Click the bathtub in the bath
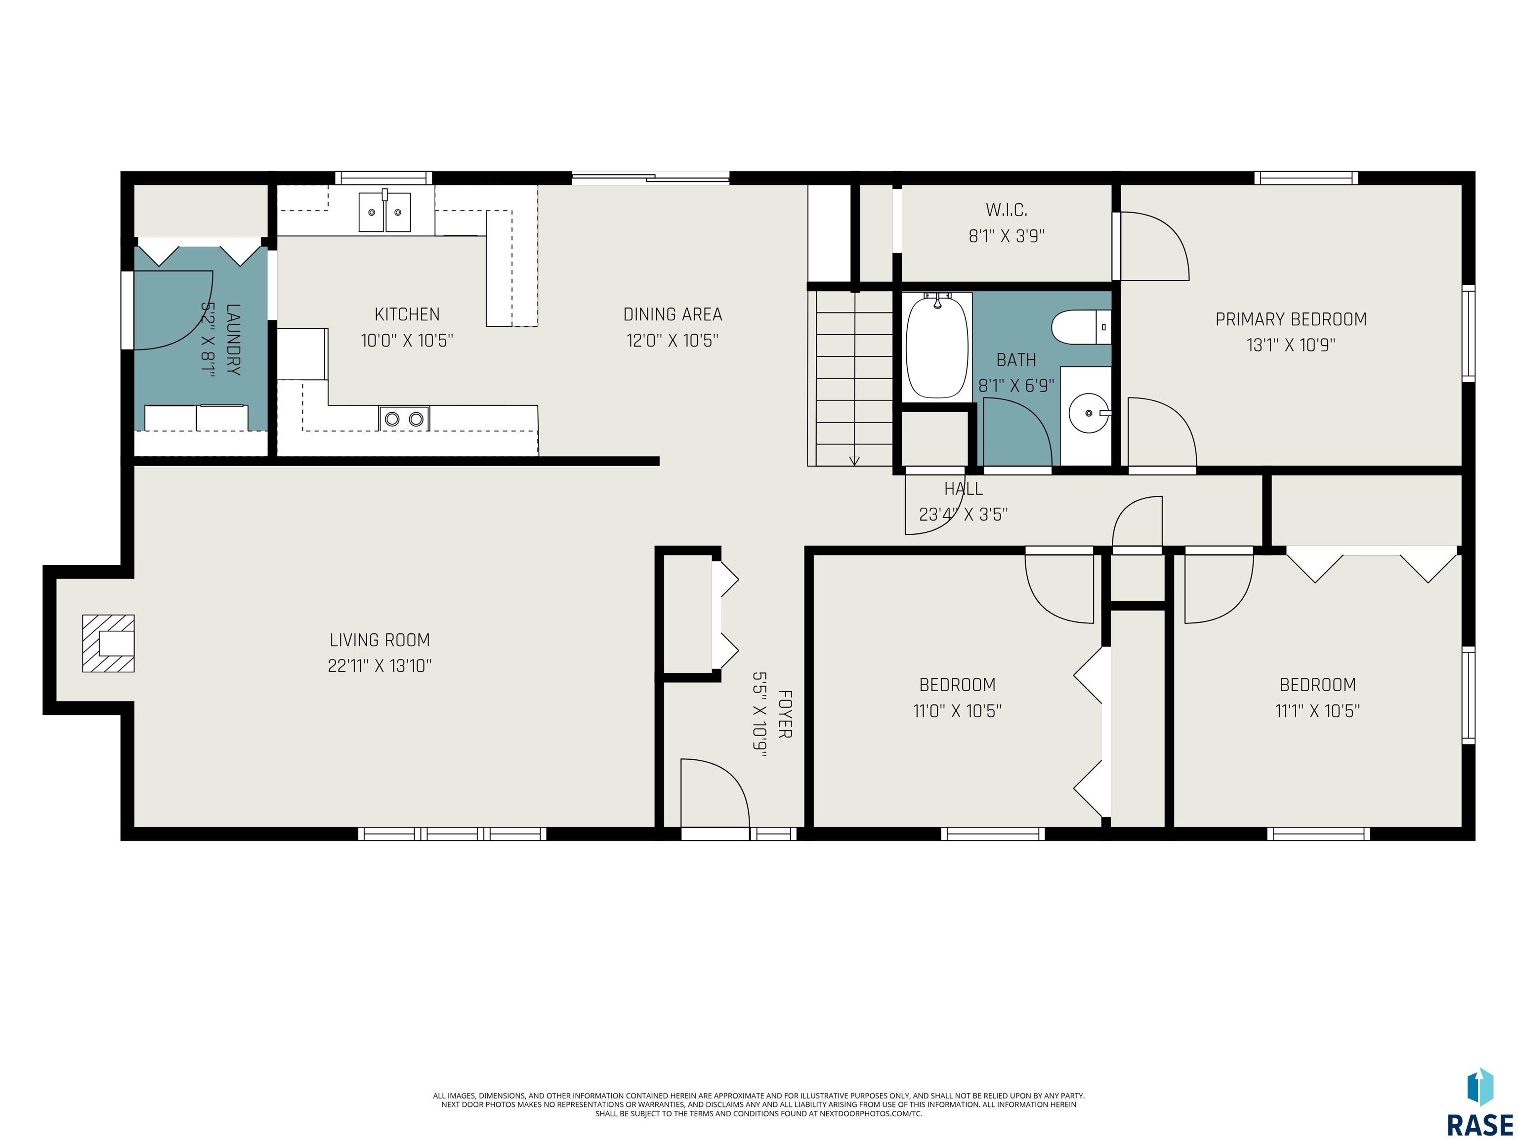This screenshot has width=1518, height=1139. click(937, 347)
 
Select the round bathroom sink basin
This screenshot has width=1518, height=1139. click(1090, 413)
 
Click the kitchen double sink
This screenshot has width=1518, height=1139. click(384, 212)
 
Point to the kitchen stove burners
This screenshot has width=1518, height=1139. click(404, 418)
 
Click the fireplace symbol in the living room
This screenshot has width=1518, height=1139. click(108, 643)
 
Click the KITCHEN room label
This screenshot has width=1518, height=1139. click(407, 314)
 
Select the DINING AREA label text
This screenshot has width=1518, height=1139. click(673, 314)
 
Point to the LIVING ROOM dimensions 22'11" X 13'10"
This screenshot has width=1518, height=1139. click(379, 666)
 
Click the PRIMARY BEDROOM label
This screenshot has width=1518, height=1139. click(1291, 319)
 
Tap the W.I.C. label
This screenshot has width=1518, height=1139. click(1007, 210)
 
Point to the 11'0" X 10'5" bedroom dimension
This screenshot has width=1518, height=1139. click(957, 710)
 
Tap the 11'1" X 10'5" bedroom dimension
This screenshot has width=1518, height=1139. click(1317, 710)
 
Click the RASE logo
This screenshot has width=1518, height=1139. click(1479, 1102)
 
